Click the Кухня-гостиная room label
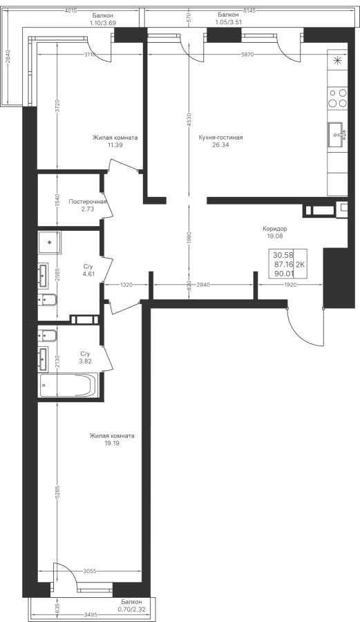tap(221, 138)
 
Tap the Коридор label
tap(275, 229)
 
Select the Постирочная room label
tap(88, 202)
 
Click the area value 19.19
tap(112, 444)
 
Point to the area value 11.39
tap(115, 145)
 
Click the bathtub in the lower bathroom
tap(68, 385)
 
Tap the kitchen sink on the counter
tap(337, 135)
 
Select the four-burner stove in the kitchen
tap(337, 98)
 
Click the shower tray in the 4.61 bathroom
tap(50, 242)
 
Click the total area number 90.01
tap(283, 273)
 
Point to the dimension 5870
tap(247, 55)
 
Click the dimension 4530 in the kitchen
tap(189, 120)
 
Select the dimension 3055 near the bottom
tap(90, 572)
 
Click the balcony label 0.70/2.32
tap(131, 609)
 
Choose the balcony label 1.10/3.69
tap(103, 23)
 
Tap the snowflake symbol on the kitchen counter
tap(337, 61)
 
